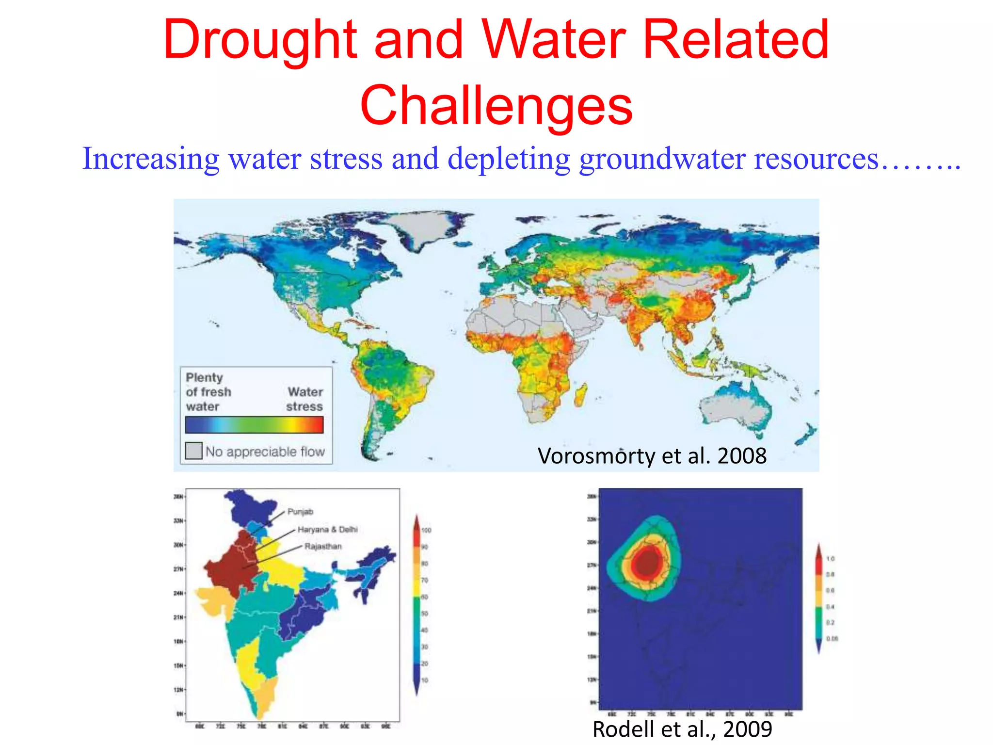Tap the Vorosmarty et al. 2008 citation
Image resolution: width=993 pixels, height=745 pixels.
652,456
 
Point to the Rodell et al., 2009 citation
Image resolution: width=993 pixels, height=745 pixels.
682,729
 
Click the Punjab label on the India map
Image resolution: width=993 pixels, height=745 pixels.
300,512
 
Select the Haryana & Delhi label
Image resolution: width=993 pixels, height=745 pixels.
327,529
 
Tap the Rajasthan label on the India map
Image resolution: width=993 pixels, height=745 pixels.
323,546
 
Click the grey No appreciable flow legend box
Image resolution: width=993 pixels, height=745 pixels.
194,451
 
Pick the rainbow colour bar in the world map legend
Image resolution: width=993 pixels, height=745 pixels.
254,425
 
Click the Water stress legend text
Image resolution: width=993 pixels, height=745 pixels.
304,399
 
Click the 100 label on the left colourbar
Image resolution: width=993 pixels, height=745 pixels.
426,530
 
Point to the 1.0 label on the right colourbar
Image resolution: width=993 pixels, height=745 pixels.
830,559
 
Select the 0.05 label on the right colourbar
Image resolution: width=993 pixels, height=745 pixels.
832,638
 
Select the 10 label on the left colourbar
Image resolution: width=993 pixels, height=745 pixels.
425,680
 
